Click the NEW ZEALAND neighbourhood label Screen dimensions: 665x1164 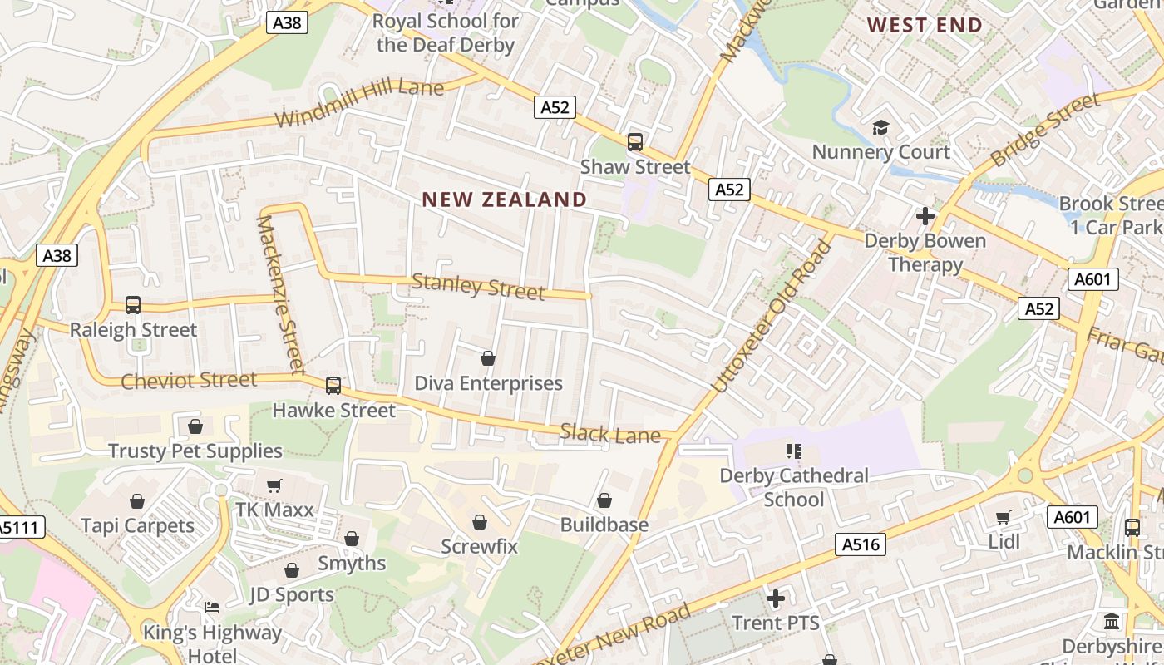[504, 199]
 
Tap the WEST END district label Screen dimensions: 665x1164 [925, 25]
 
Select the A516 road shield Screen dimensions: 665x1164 [860, 544]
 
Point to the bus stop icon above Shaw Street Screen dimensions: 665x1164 [635, 142]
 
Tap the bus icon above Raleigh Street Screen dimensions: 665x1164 [133, 305]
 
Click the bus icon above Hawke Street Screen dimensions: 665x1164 [333, 385]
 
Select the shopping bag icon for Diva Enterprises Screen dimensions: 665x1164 [488, 358]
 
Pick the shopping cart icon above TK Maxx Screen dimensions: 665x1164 [274, 485]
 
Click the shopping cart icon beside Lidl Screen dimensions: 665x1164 [1004, 517]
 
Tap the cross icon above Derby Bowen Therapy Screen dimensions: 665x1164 [925, 217]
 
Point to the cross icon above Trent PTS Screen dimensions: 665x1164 [775, 598]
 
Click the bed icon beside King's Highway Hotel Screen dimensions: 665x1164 [212, 608]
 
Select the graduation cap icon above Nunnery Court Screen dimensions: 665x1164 [880, 127]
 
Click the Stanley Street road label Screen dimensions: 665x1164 [478, 287]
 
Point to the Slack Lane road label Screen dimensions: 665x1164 [610, 433]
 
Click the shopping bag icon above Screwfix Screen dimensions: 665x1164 [479, 522]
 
